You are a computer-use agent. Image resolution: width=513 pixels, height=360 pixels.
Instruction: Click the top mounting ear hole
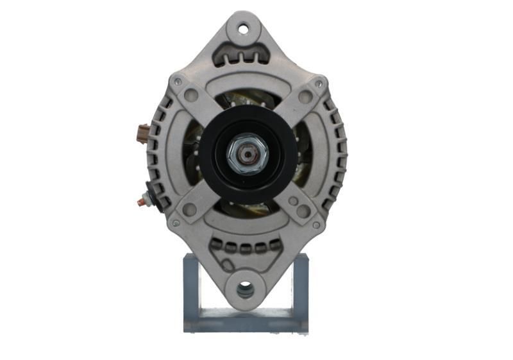tap(244, 28)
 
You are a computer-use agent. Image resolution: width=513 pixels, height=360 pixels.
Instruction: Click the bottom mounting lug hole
tap(245, 290)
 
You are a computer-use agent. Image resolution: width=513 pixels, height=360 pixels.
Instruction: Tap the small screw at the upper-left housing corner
tap(177, 81)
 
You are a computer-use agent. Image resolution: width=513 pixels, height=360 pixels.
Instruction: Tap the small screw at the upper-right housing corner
tap(319, 83)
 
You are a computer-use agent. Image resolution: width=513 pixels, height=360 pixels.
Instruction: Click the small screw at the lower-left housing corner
tap(176, 223)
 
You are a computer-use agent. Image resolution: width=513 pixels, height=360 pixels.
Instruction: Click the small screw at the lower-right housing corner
tap(315, 225)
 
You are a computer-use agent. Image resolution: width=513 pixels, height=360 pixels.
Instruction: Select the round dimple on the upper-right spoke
tap(305, 97)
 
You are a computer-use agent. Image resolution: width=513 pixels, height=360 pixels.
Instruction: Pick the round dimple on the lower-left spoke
tap(189, 210)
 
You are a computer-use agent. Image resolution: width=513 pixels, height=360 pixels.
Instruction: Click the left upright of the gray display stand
tap(191, 289)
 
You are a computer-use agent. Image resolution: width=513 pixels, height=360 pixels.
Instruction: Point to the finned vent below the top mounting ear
tap(244, 56)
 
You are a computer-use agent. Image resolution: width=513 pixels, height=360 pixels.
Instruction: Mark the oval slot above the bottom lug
tap(228, 264)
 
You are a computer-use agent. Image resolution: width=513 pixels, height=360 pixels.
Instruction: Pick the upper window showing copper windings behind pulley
tap(247, 99)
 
